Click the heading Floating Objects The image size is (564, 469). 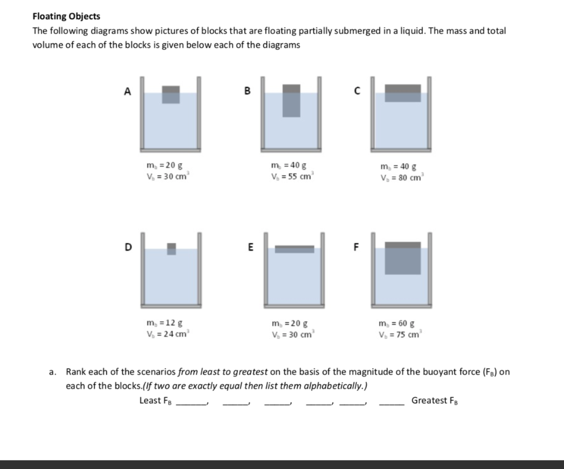point(66,17)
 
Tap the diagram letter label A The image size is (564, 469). point(128,92)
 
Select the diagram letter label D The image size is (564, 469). point(128,247)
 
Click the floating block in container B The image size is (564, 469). point(291,100)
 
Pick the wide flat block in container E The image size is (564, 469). point(294,249)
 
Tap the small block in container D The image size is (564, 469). point(171,249)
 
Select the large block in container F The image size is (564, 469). point(403,258)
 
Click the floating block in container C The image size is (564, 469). point(403,93)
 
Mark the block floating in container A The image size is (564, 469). point(171,95)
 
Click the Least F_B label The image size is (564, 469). point(156,401)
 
